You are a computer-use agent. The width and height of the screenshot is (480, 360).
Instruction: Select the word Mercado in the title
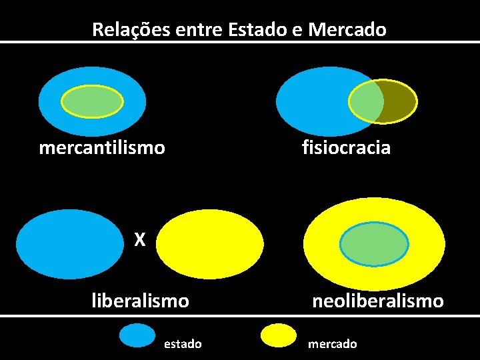coord(347,29)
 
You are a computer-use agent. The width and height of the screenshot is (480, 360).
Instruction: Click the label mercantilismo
coord(102,147)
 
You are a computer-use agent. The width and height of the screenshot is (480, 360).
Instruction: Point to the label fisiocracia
coord(346,147)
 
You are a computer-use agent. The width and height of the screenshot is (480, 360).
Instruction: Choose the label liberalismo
coord(140,301)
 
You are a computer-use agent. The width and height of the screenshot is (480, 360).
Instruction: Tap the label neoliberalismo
coord(378,301)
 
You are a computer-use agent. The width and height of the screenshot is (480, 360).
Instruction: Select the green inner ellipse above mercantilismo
coord(92,101)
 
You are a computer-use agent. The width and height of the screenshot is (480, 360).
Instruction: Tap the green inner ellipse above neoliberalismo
coord(374,243)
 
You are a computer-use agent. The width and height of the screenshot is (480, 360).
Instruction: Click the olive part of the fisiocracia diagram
coord(400,101)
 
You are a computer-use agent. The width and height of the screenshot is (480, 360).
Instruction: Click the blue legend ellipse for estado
coord(137,335)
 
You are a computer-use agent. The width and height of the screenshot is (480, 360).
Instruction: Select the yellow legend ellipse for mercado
coord(279,336)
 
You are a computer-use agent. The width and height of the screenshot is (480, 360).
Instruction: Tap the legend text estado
coord(183,344)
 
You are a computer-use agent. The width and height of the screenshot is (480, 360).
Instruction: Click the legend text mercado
coord(332,344)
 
